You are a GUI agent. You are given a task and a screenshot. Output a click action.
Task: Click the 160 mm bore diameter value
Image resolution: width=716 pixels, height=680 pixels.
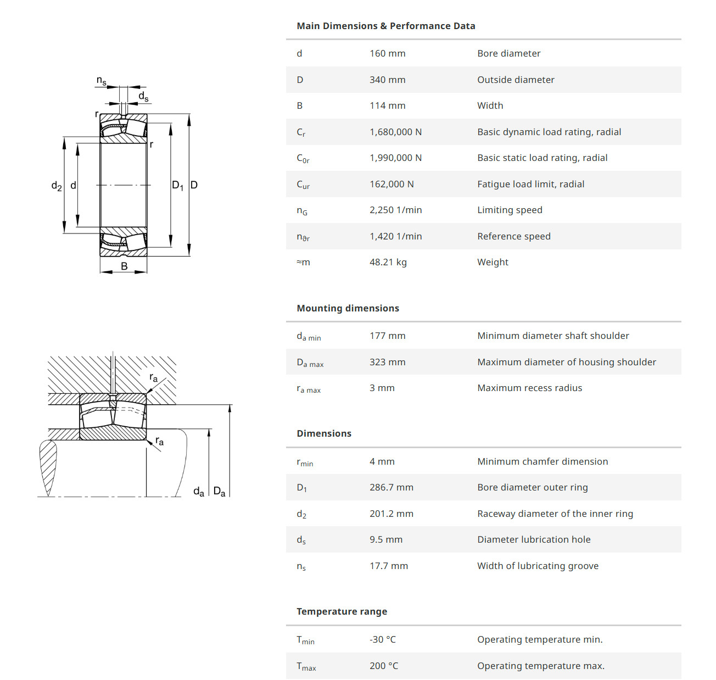(x=387, y=54)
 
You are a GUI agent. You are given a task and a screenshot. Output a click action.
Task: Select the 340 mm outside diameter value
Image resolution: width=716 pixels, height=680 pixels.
(x=387, y=80)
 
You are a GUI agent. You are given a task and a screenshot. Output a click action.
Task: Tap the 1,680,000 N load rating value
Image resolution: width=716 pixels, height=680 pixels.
(x=395, y=132)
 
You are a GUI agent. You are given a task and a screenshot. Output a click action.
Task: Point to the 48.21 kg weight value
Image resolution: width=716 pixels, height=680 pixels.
(x=388, y=263)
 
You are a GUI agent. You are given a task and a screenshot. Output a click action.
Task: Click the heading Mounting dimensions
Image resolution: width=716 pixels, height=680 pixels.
(x=348, y=308)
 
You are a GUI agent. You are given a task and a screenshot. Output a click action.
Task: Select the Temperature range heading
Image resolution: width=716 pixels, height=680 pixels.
(x=342, y=611)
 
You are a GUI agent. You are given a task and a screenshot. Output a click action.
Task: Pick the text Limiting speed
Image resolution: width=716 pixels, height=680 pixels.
(x=510, y=210)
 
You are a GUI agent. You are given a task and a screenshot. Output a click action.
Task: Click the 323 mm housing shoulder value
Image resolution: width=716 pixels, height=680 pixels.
(x=387, y=362)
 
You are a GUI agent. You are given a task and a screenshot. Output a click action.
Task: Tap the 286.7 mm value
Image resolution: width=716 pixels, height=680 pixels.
(x=391, y=488)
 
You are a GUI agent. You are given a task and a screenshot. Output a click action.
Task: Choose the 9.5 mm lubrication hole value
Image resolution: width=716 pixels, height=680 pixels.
(x=385, y=540)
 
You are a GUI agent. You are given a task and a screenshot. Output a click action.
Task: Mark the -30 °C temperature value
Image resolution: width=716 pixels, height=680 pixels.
(x=382, y=639)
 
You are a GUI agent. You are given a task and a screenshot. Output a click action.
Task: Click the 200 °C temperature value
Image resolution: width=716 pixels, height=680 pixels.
(x=383, y=666)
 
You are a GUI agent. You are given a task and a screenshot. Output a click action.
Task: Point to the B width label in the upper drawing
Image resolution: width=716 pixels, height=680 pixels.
(x=124, y=266)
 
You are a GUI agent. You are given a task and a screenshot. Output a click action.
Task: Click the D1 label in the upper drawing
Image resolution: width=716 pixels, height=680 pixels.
(x=177, y=186)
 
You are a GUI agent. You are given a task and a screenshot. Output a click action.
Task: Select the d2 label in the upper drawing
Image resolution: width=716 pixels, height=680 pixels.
(x=57, y=186)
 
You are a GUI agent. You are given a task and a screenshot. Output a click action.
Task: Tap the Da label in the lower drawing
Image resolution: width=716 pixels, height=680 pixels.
(x=219, y=492)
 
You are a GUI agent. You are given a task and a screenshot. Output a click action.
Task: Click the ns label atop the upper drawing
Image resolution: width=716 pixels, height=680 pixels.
(x=101, y=81)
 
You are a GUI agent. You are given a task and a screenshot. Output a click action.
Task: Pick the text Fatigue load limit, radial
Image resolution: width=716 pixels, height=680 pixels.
(x=530, y=185)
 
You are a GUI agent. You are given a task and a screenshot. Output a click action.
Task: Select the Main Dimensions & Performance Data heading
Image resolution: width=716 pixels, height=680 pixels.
(x=385, y=26)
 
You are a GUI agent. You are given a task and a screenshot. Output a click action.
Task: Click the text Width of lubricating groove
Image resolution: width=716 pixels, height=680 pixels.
(x=538, y=566)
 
